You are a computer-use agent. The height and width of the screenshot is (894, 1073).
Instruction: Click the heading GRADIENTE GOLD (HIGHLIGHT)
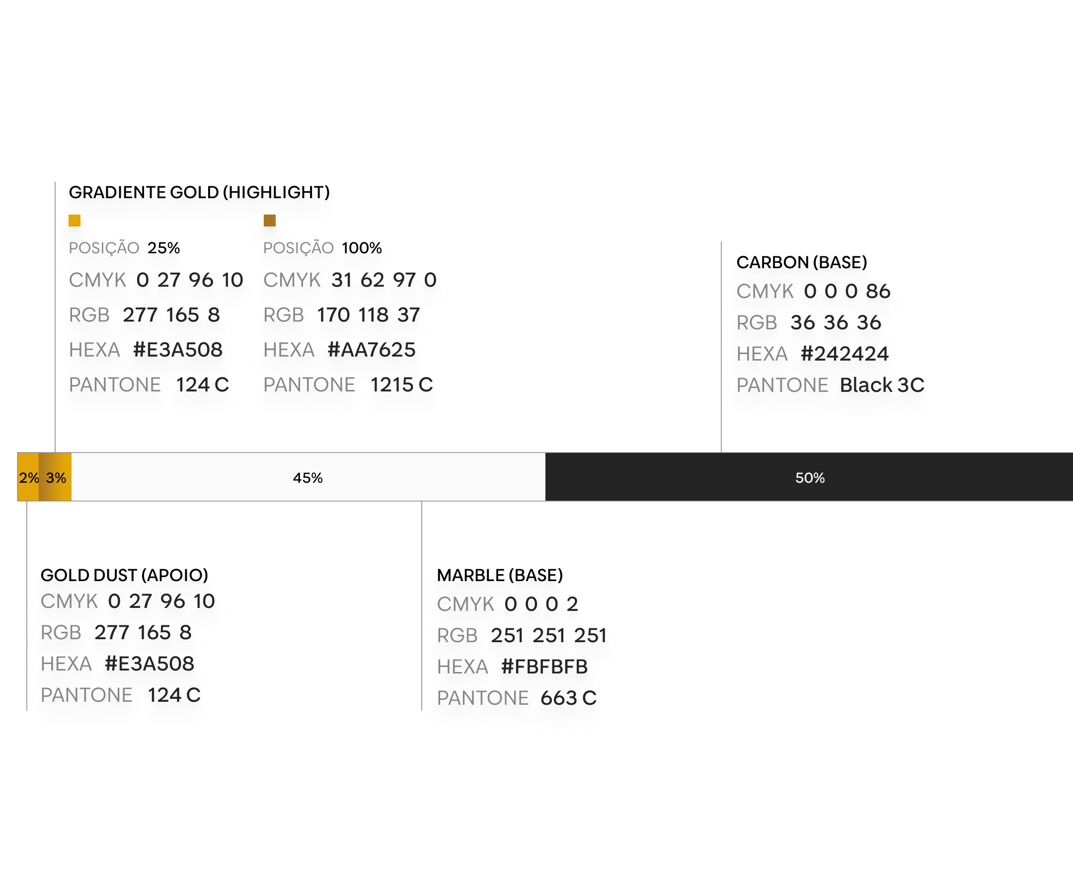tap(199, 192)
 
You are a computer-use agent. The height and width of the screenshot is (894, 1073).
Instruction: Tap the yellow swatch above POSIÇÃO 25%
tap(75, 220)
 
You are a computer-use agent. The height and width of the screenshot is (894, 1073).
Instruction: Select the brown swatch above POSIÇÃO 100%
tap(269, 220)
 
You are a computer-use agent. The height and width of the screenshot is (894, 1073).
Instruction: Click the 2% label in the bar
tap(29, 478)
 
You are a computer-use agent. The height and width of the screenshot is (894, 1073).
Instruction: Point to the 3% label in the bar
tap(56, 478)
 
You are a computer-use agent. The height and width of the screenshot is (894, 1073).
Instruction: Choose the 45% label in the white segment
tap(307, 478)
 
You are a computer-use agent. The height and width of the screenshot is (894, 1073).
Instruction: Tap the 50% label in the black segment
tap(810, 478)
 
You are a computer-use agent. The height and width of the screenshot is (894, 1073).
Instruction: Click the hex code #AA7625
tap(372, 350)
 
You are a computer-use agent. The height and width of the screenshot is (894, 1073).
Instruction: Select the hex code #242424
tap(844, 354)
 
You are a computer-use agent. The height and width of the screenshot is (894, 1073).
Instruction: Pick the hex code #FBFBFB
tap(544, 667)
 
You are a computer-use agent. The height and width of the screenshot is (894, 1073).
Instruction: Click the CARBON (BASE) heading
tap(802, 262)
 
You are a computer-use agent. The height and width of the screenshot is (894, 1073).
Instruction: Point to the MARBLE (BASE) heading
tap(500, 575)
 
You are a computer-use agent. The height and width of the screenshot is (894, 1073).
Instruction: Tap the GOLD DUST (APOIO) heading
tap(124, 575)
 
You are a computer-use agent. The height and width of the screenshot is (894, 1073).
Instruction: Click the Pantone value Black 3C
tap(882, 385)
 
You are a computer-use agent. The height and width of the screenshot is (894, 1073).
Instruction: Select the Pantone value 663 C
tap(569, 698)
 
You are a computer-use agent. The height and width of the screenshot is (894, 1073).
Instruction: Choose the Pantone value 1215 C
tap(401, 385)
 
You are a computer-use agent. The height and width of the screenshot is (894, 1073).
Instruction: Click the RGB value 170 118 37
tap(369, 315)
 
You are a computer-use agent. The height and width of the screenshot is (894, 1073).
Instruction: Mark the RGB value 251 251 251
tap(549, 636)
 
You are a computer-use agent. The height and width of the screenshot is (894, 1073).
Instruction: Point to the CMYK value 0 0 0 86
tap(847, 291)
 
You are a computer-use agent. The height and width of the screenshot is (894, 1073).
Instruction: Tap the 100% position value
tap(362, 248)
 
